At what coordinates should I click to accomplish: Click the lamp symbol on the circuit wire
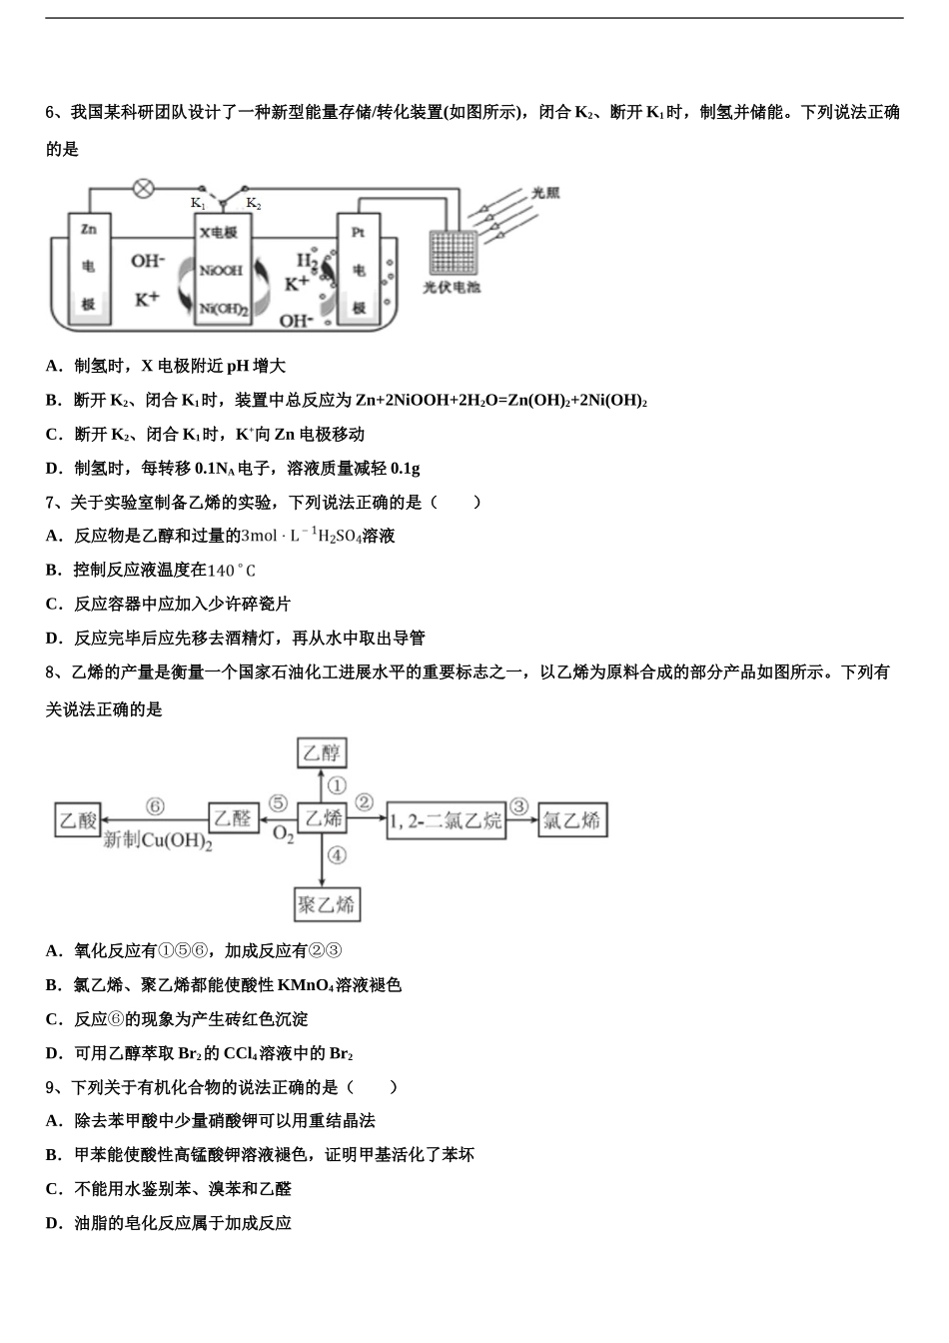click(144, 187)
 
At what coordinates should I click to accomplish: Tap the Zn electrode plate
click(89, 268)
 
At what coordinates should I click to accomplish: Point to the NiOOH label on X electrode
click(220, 271)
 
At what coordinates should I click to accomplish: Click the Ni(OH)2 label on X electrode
click(222, 309)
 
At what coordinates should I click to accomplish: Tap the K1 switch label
click(198, 204)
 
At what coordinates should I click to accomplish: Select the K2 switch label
click(254, 204)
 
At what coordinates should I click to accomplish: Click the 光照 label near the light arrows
click(544, 193)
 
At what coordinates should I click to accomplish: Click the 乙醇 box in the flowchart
click(322, 752)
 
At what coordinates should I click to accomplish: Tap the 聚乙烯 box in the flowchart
click(327, 905)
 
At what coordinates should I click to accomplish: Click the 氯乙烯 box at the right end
click(572, 820)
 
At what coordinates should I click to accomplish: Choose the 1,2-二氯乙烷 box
click(446, 820)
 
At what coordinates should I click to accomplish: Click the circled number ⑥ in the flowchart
click(154, 805)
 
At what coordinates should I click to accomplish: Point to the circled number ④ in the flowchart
click(337, 854)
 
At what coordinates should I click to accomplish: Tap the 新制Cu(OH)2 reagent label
click(159, 840)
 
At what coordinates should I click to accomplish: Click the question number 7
click(51, 502)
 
